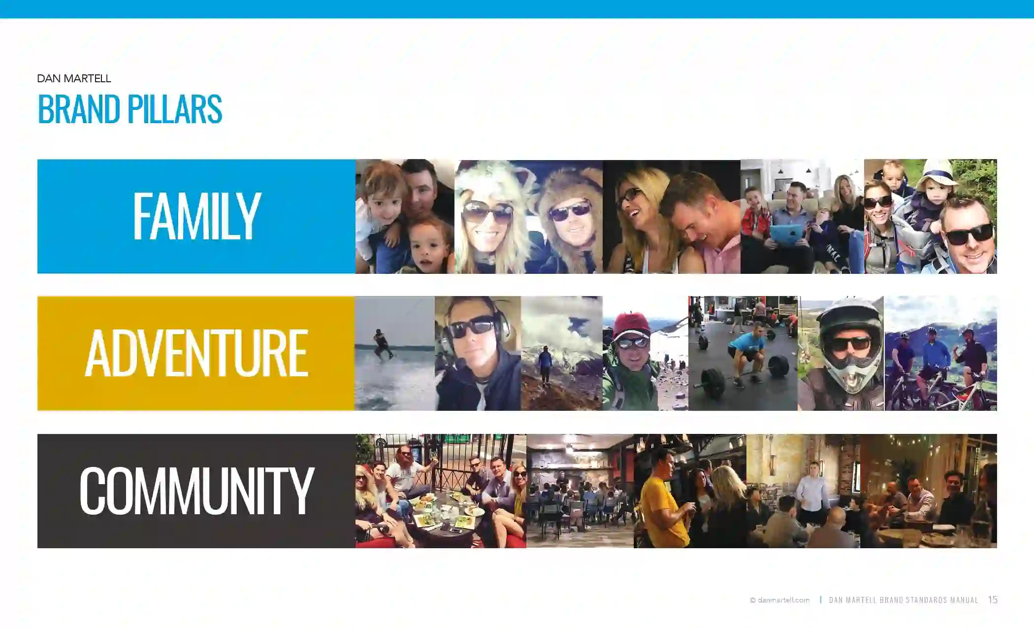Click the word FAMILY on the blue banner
tap(196, 216)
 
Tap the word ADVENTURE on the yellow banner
tap(196, 353)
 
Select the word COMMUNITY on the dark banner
tap(196, 491)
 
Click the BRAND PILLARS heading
tap(130, 109)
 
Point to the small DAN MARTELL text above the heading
tap(74, 79)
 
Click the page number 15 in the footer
tap(993, 599)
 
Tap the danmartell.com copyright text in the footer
tap(779, 600)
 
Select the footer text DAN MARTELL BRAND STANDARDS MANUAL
tap(904, 600)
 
